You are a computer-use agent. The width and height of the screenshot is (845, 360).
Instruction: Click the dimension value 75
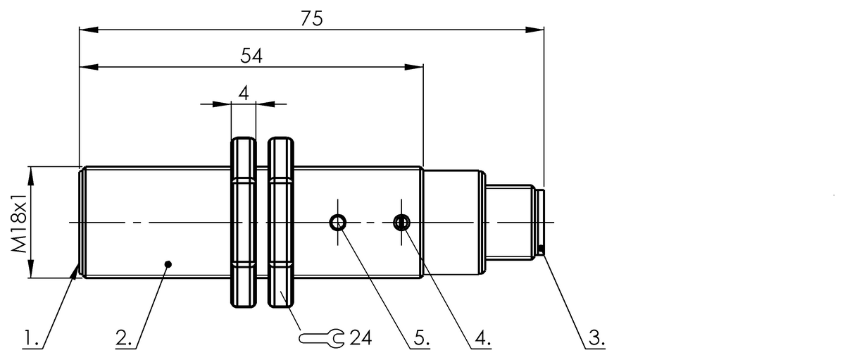pos(311,18)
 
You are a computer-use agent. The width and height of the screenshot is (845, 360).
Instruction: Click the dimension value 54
pos(251,56)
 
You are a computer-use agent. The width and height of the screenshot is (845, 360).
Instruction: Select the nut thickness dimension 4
pos(243,93)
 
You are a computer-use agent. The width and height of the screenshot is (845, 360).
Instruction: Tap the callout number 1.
pos(29,339)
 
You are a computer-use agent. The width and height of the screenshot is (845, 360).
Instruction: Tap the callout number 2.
pos(124,339)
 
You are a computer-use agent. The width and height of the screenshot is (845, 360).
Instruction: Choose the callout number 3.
pos(595,339)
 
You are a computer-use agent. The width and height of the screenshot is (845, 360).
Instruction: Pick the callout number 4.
pos(482,339)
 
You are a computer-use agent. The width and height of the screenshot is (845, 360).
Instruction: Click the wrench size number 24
pos(361,338)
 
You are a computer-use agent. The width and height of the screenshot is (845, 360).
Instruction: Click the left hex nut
pos(242,223)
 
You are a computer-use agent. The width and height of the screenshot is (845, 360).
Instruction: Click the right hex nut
pos(282,223)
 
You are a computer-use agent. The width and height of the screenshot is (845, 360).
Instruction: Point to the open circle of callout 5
pos(338,223)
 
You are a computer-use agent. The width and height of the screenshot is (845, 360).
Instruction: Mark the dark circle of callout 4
pos(401,223)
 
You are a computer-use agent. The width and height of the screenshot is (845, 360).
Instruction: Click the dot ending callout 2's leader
pos(168,265)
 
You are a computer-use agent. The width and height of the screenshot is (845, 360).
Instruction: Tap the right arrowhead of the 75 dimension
pos(537,30)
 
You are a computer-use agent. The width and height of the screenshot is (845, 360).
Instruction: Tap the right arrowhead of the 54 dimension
pos(415,68)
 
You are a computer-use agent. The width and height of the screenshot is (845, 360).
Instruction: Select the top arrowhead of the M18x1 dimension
pos(31,172)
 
